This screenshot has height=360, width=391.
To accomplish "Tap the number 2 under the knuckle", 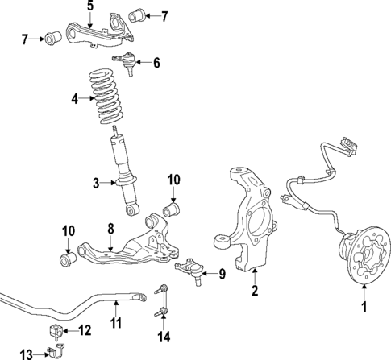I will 254,291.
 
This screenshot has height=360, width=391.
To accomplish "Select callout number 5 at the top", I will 89,6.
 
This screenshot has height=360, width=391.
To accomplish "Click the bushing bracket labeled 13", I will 56,352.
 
